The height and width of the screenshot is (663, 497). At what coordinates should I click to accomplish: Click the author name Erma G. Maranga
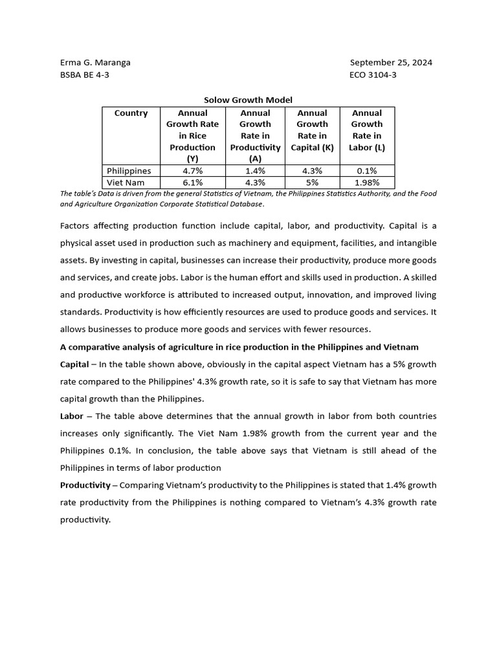click(95, 63)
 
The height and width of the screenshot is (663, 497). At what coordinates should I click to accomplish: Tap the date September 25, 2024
click(391, 63)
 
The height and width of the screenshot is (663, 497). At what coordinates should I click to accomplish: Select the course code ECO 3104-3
click(373, 74)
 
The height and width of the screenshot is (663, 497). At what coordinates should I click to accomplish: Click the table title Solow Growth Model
click(248, 100)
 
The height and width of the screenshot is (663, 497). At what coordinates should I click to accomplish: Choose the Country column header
click(131, 113)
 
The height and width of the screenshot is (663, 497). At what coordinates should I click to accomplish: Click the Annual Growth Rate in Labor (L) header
click(367, 130)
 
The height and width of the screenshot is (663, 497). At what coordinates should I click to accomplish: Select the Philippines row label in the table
click(129, 171)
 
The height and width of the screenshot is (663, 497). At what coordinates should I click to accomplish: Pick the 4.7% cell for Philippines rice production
click(192, 171)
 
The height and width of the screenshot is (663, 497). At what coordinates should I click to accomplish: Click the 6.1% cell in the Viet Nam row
click(192, 183)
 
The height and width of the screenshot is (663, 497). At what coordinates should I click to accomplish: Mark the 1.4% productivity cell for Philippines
click(255, 171)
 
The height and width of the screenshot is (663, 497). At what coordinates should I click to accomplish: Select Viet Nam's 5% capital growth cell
click(312, 183)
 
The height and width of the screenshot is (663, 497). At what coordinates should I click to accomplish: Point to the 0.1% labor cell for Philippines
click(367, 171)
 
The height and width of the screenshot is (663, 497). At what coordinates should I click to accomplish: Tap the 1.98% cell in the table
click(367, 183)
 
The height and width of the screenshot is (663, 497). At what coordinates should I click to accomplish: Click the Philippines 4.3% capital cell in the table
click(312, 171)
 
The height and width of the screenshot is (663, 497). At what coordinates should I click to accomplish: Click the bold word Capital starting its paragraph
click(74, 365)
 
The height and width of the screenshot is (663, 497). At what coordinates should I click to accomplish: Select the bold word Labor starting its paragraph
click(71, 416)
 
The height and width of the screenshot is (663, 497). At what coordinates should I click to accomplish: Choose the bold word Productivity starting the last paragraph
click(85, 485)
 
